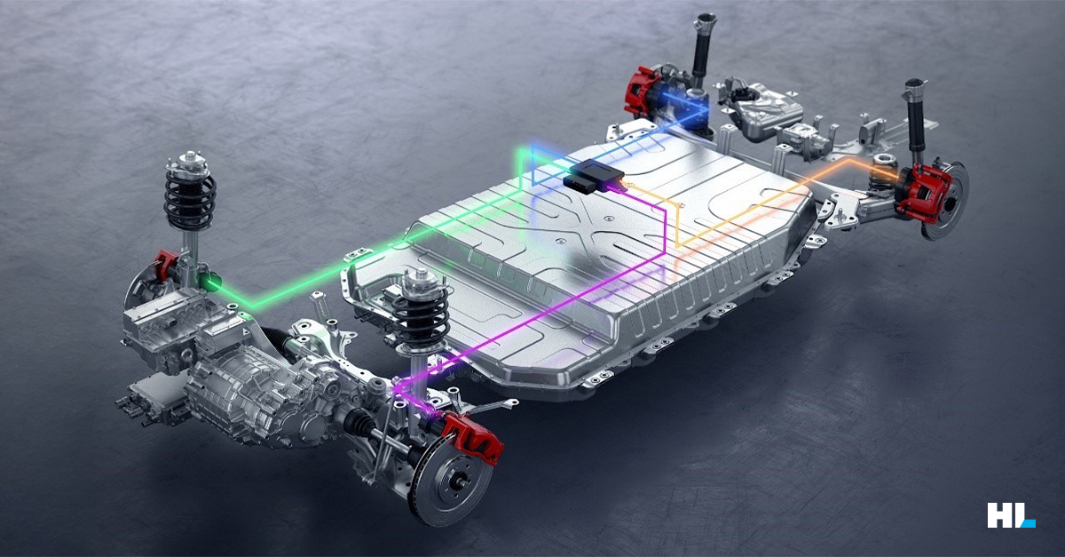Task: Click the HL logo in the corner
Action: click(x=1011, y=515)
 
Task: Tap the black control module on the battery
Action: click(x=595, y=175)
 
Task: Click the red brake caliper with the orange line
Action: click(x=924, y=194)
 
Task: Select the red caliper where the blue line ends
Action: click(x=642, y=92)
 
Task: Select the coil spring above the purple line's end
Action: click(x=422, y=316)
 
